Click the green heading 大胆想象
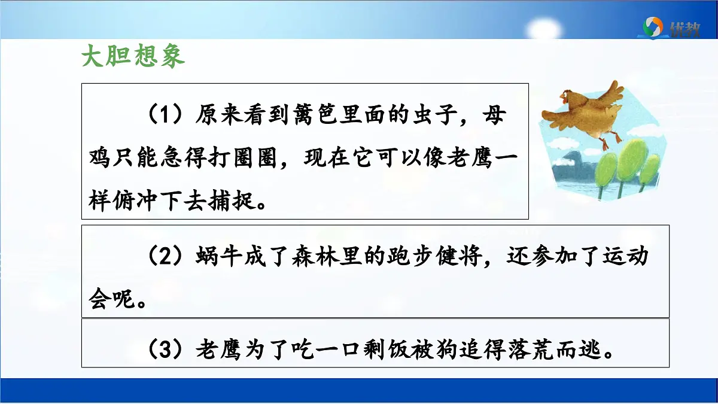pyautogui.click(x=133, y=57)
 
